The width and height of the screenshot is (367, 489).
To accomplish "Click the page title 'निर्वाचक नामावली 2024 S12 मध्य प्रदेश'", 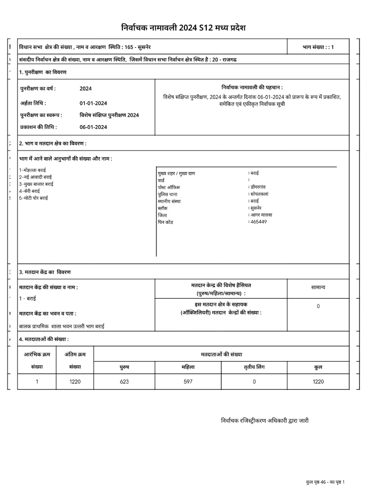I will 183,28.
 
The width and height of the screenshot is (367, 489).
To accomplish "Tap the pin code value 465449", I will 258,222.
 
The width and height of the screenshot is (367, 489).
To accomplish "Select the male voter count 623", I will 124,381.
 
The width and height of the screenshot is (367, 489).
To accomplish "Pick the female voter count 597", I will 188,381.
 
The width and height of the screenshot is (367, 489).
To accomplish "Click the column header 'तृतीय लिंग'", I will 254,367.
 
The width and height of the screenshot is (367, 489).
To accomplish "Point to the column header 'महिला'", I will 188,367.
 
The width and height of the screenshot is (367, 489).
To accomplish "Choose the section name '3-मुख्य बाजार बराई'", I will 36,184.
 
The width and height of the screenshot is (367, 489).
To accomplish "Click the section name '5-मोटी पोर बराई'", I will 34,198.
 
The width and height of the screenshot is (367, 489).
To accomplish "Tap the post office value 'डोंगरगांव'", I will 258,187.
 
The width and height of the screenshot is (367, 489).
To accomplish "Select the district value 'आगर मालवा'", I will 261,215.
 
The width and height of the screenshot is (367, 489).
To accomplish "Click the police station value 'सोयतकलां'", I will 259,194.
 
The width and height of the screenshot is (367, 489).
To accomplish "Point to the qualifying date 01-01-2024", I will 93,103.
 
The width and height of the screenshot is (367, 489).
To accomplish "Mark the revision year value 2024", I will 86,89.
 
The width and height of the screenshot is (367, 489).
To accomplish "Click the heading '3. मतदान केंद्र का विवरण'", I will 45,272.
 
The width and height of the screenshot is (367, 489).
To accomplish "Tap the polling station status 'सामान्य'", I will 318,287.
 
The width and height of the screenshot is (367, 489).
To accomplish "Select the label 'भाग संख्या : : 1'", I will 318,47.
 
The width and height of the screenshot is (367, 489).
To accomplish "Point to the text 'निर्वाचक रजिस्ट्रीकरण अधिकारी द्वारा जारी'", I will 265,421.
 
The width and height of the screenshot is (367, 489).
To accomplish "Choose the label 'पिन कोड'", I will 165,222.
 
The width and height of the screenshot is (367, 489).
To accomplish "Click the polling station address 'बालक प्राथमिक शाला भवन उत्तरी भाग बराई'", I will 62,326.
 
